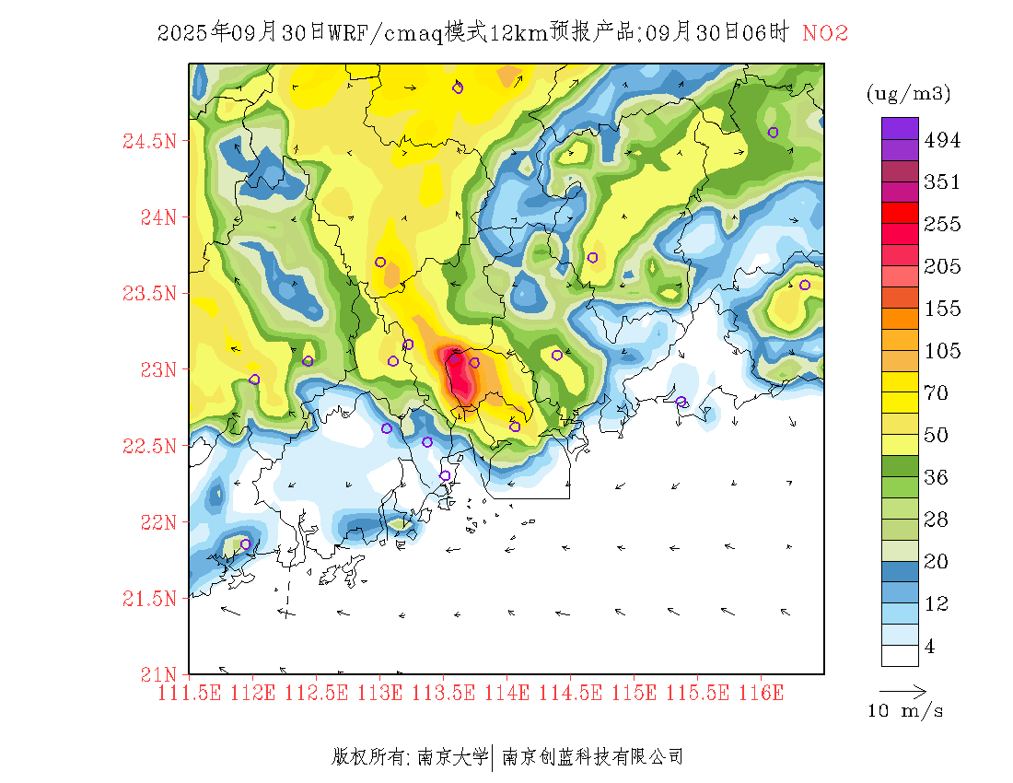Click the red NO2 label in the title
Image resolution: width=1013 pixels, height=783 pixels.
click(x=825, y=34)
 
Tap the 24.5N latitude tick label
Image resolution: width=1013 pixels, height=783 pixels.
click(x=149, y=142)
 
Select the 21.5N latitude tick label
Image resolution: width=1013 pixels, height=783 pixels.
click(x=149, y=600)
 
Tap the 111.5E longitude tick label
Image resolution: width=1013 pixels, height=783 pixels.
click(x=191, y=692)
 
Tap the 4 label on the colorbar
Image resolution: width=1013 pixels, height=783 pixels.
click(x=930, y=647)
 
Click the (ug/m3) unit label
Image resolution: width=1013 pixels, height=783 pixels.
click(x=908, y=93)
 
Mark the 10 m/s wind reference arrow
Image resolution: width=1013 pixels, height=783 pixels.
click(x=902, y=690)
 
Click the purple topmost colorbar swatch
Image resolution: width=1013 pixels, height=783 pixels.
click(x=900, y=128)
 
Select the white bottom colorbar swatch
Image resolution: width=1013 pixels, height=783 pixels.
click(x=900, y=655)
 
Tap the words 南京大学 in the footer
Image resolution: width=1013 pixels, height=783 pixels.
click(x=452, y=757)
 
